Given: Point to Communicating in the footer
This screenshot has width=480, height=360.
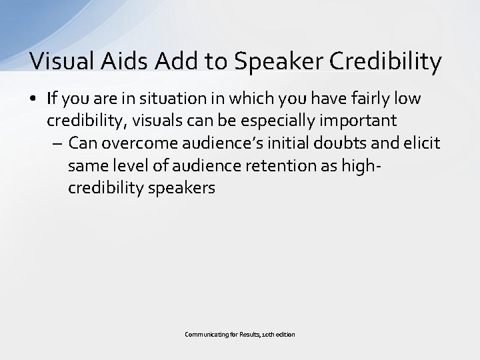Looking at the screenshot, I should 205,334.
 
